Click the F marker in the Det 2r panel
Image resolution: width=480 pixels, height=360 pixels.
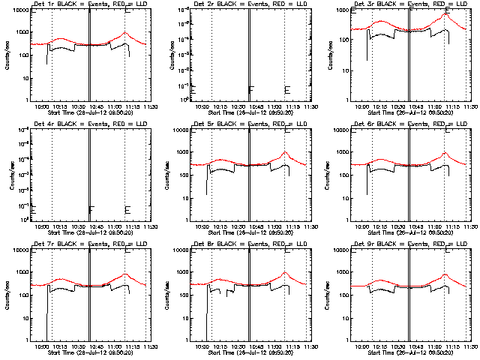[x=251, y=90]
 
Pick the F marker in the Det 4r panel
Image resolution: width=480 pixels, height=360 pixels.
[x=91, y=210]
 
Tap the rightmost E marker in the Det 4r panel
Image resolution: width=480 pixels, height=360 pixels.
[x=127, y=210]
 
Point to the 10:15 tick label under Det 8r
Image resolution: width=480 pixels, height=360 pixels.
[x=222, y=346]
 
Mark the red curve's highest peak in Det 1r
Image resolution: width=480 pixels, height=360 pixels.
[x=124, y=33]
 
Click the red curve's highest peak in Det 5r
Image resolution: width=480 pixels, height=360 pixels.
[x=285, y=153]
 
